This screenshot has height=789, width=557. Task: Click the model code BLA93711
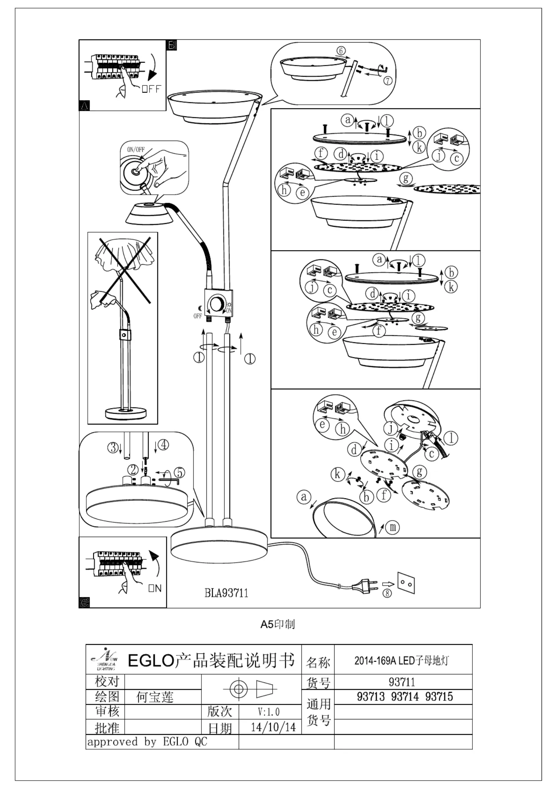click(x=226, y=593)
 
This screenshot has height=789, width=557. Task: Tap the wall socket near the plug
click(x=406, y=583)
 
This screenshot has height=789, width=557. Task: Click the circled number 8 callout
click(x=387, y=593)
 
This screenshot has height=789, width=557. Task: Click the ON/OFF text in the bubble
click(x=136, y=149)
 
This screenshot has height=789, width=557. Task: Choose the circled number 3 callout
click(x=112, y=447)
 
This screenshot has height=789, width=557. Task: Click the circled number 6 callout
click(x=341, y=51)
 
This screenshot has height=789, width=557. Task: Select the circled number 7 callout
click(x=387, y=81)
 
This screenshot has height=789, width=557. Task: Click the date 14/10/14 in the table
click(x=273, y=727)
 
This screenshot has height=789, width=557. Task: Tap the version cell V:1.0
click(x=269, y=712)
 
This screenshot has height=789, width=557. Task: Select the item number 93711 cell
click(x=402, y=682)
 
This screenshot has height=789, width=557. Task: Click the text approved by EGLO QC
click(x=147, y=742)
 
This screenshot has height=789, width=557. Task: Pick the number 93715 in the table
click(x=439, y=697)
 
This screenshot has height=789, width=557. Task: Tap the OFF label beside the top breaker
click(x=151, y=89)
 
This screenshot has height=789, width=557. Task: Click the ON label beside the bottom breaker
click(x=155, y=588)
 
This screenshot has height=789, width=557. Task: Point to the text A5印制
click(x=278, y=624)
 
